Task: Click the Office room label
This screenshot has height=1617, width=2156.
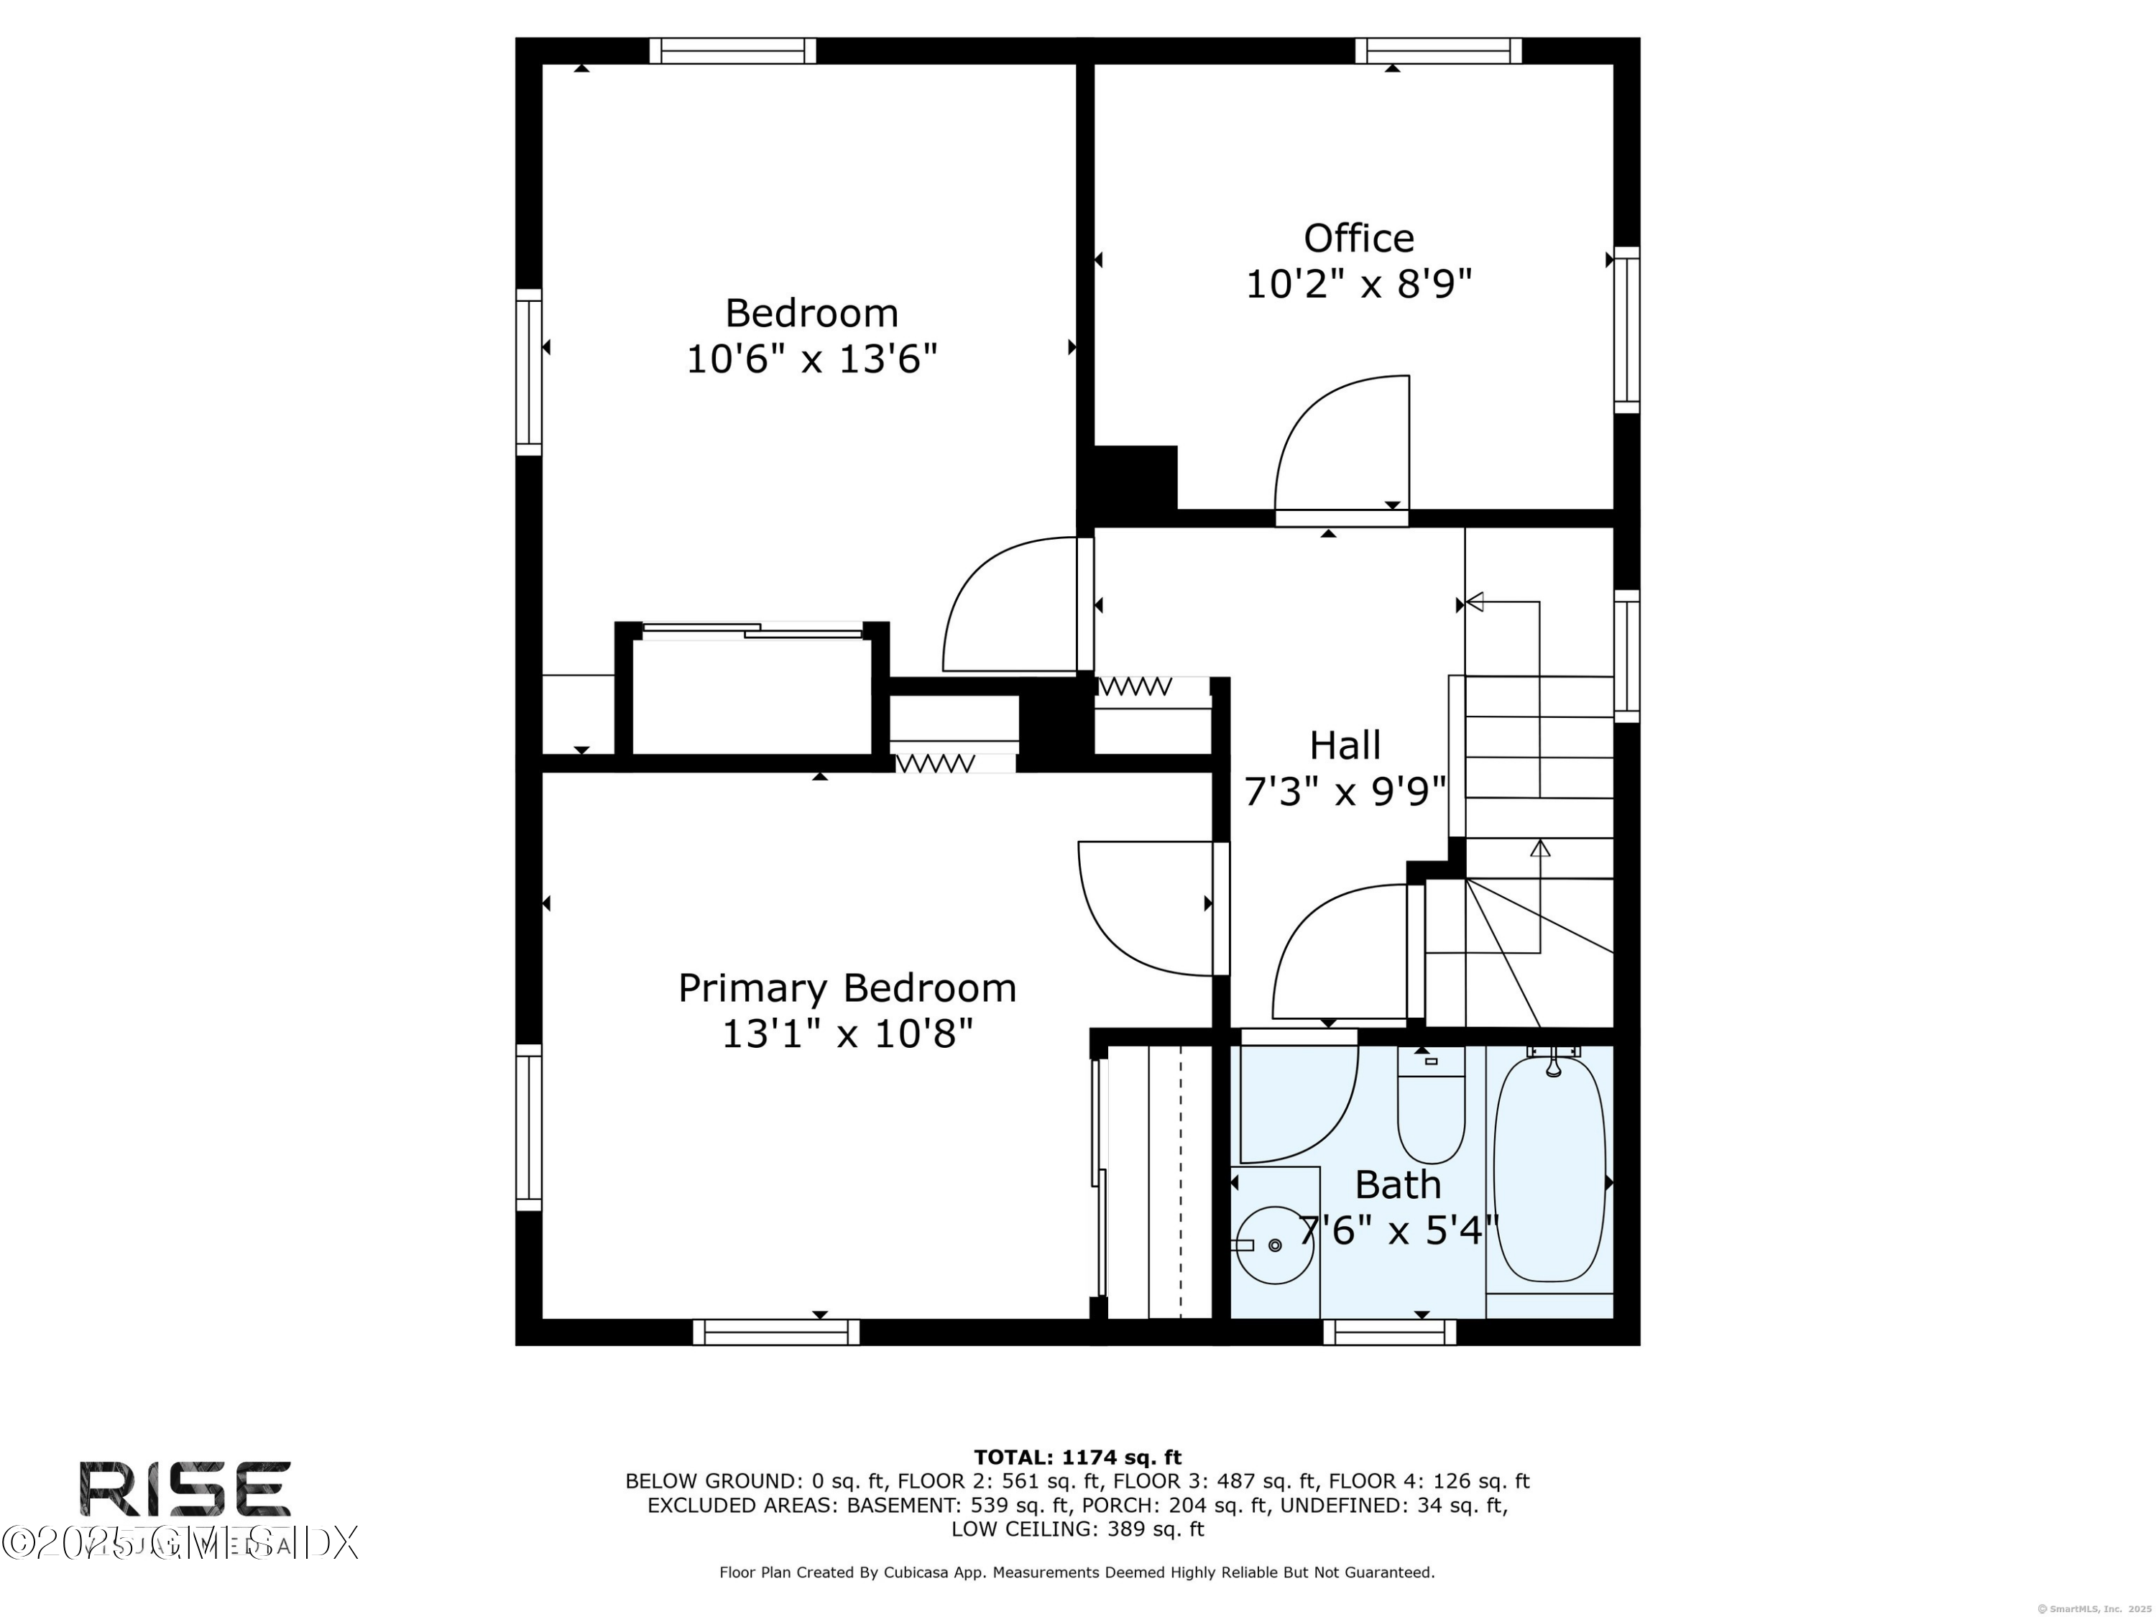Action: [x=1359, y=239]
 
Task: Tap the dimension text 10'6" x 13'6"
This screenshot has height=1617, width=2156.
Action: [x=812, y=359]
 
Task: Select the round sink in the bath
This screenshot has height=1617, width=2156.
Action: [x=1274, y=1245]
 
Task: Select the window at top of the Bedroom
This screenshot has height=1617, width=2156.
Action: [x=732, y=51]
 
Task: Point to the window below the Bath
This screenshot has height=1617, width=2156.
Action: [x=1389, y=1332]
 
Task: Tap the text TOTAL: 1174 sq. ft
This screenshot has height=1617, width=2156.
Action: [x=1077, y=1457]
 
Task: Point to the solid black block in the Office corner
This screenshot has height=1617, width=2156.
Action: [x=1135, y=478]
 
